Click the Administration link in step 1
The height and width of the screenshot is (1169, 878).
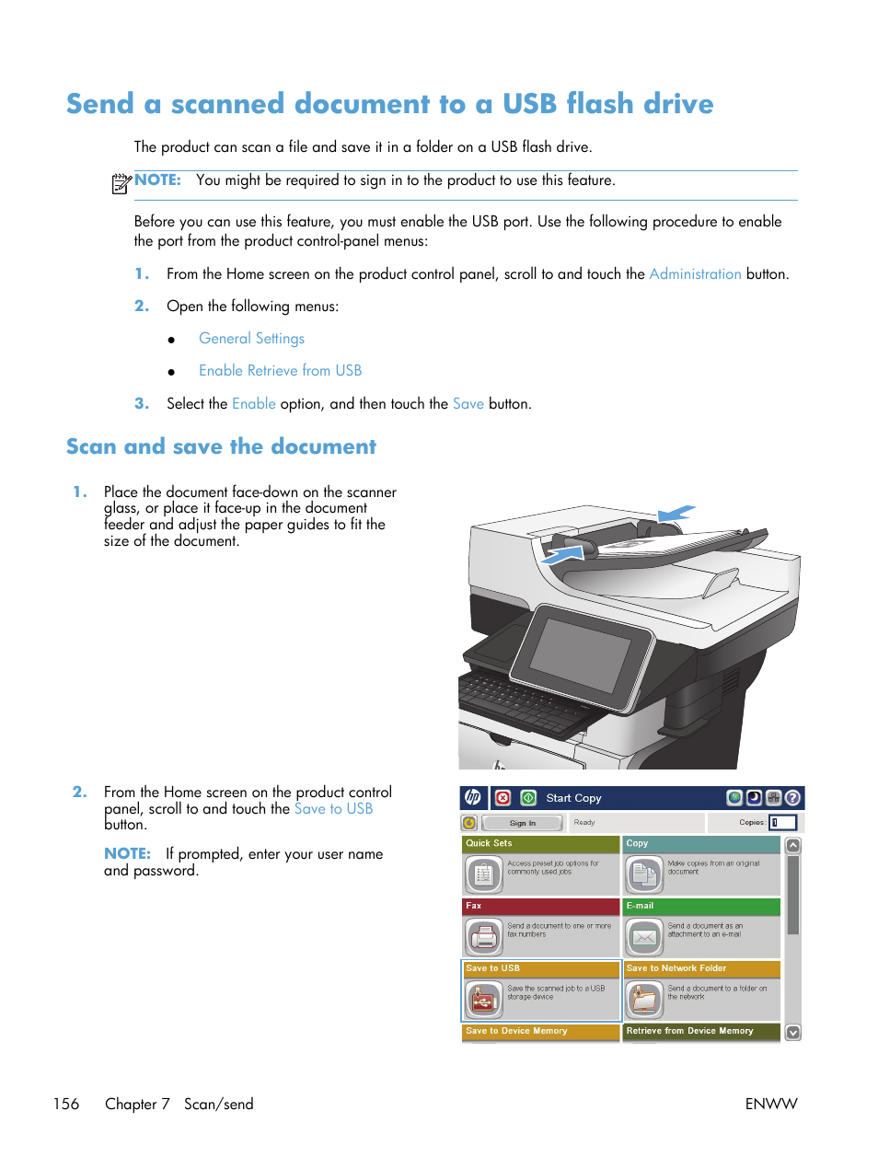pos(695,274)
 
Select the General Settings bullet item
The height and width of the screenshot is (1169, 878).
pos(251,339)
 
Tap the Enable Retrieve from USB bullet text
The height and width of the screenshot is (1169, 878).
pos(280,371)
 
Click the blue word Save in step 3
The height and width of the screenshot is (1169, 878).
pos(468,404)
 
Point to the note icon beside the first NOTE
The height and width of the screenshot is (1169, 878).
pos(121,183)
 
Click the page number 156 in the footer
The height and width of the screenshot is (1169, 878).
pos(66,1104)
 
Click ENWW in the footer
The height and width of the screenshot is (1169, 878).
pos(770,1104)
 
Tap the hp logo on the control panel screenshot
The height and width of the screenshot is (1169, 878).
pos(472,798)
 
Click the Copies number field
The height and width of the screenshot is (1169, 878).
pos(782,823)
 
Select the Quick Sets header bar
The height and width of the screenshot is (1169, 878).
pos(540,843)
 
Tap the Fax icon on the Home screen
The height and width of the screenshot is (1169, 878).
pos(483,937)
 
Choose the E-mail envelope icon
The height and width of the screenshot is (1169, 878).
pos(644,937)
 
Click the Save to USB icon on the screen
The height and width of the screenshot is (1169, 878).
pos(483,1000)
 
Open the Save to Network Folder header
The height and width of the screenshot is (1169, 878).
pos(701,968)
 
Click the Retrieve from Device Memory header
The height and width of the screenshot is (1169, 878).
pos(701,1031)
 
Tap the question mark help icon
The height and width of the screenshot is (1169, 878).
pos(792,798)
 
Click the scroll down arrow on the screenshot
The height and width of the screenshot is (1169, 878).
pos(792,1033)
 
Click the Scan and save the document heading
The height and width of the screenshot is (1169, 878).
pos(221,447)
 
